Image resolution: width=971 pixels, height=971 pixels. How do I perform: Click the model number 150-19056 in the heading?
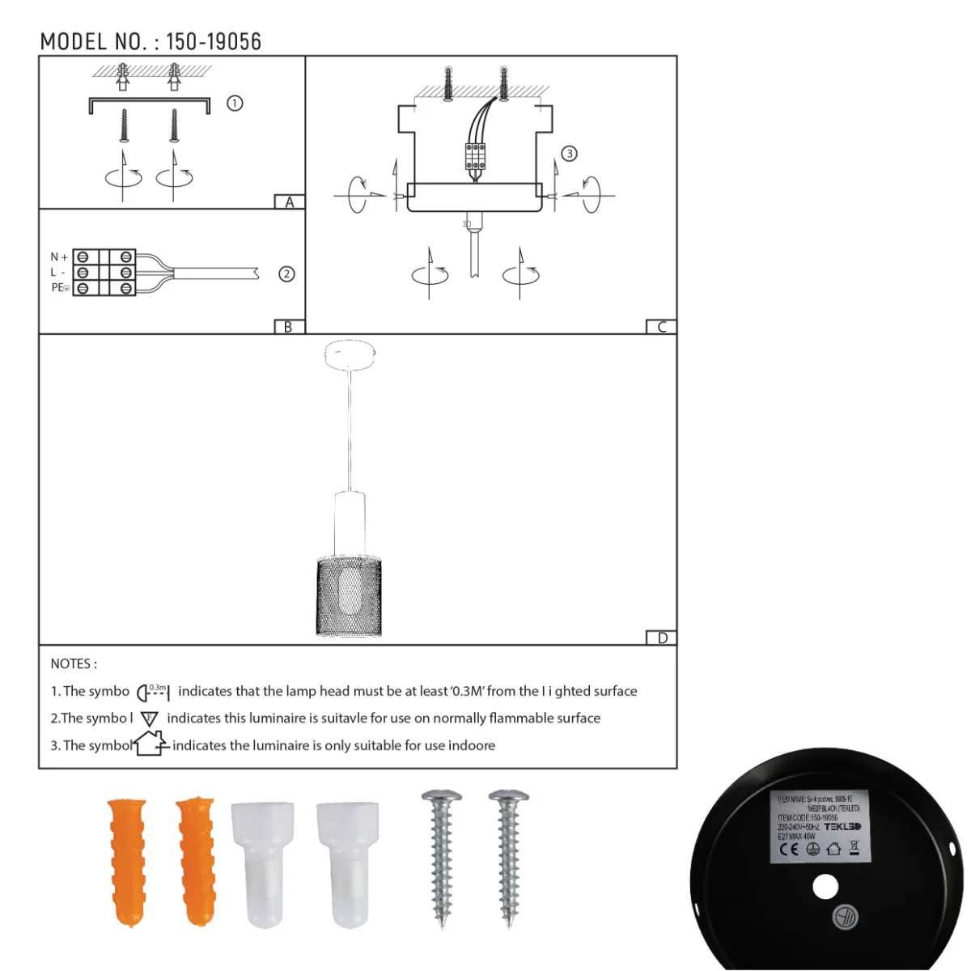[214, 42]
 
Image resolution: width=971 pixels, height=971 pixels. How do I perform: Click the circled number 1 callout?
[235, 104]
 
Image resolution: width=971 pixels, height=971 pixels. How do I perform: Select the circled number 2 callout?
[286, 273]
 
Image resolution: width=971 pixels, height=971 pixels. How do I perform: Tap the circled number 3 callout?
[570, 154]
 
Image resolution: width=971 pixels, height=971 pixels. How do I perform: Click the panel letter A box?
[289, 202]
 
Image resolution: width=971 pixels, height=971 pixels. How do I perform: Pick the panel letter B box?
[288, 327]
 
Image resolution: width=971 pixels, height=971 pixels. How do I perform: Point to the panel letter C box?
[661, 327]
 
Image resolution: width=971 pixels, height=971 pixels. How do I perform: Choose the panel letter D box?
[662, 638]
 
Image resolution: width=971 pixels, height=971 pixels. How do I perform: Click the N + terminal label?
[59, 257]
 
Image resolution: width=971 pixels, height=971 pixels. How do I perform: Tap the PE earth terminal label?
[60, 287]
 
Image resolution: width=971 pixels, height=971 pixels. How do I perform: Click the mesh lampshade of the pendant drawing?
[349, 596]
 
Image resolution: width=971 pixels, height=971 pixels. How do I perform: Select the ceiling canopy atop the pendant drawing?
[350, 354]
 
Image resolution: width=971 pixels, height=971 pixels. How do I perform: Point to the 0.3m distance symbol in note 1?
[153, 692]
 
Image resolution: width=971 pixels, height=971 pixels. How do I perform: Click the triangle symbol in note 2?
[150, 719]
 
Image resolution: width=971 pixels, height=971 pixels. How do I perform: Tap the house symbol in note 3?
[151, 743]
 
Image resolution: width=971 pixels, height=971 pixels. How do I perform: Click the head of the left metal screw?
[442, 797]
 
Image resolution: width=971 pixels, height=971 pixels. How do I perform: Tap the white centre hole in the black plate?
[825, 887]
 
